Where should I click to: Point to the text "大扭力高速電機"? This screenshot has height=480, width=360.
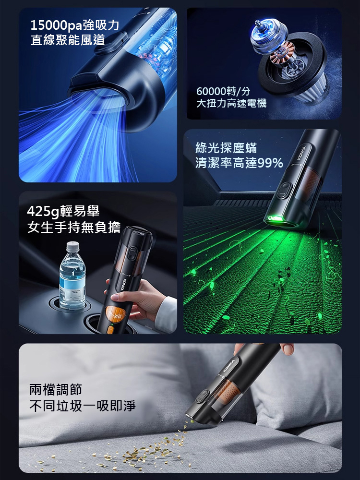(x=231, y=103)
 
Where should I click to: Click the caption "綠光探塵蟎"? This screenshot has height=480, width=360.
(x=226, y=148)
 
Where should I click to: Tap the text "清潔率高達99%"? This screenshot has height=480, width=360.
(x=239, y=163)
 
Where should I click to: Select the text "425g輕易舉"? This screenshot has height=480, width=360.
(x=63, y=211)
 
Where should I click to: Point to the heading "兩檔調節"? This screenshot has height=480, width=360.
(x=56, y=389)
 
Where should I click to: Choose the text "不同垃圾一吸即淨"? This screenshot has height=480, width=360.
(x=83, y=406)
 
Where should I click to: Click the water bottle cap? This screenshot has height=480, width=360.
(x=72, y=247)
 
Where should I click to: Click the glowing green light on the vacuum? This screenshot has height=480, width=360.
(x=276, y=220)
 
